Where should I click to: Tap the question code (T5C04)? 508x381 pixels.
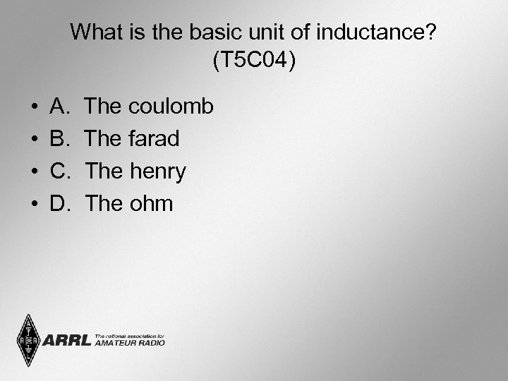254,61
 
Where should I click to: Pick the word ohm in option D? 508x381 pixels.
150,204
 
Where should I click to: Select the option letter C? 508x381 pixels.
59,171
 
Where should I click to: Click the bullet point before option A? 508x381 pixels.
35,107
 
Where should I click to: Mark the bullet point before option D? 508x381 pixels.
35,205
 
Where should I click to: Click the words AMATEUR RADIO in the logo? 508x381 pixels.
130,343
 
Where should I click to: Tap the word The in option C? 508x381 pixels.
104,171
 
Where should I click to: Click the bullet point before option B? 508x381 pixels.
35,140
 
